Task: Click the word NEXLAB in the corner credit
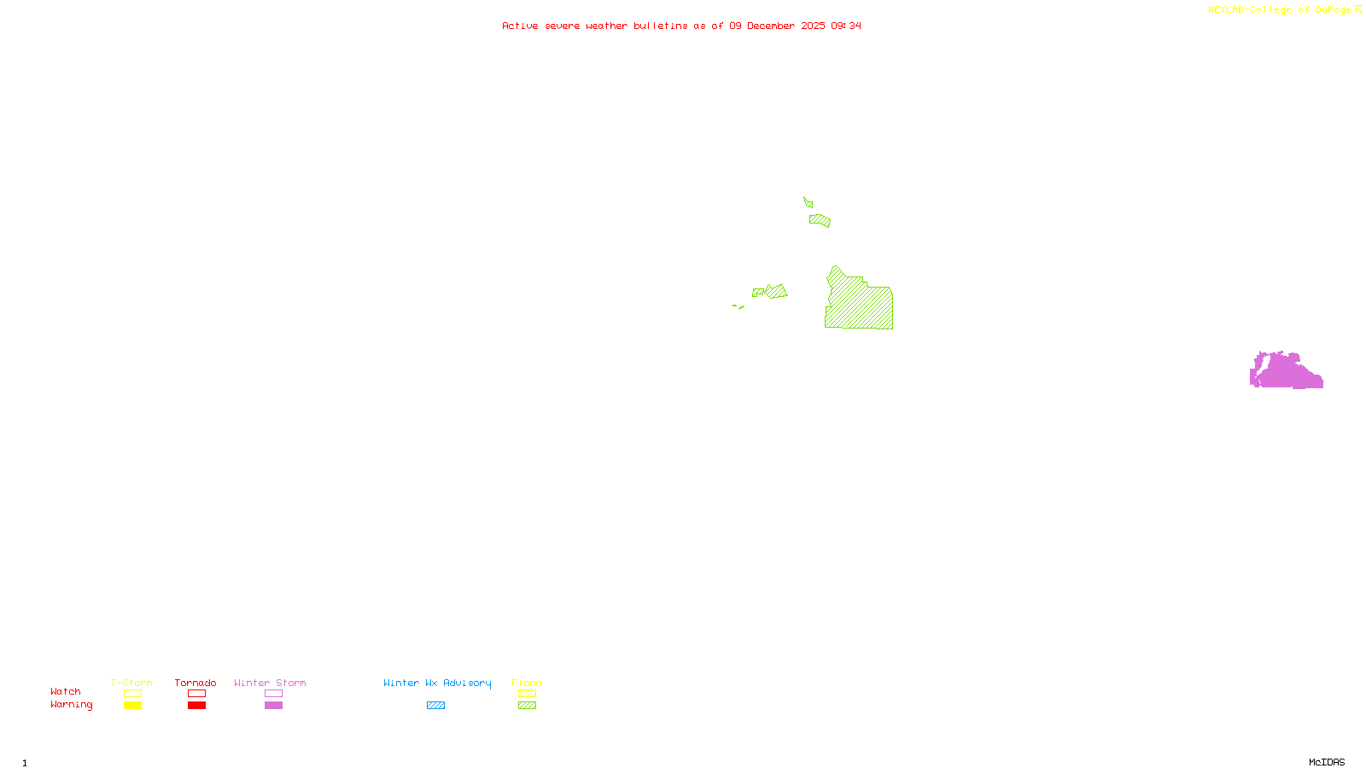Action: click(x=1227, y=10)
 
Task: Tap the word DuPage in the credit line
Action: click(x=1333, y=10)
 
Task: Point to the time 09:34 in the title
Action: click(x=846, y=26)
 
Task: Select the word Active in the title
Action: click(x=520, y=26)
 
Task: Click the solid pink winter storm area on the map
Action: click(x=1285, y=373)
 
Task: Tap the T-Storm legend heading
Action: click(x=131, y=683)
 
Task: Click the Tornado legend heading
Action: click(x=196, y=683)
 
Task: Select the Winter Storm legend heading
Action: click(x=270, y=683)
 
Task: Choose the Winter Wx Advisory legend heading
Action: click(x=437, y=683)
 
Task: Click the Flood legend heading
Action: click(x=527, y=683)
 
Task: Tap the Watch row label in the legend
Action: click(x=66, y=692)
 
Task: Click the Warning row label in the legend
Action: click(x=72, y=705)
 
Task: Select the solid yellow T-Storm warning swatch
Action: click(x=132, y=706)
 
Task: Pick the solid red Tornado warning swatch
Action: click(x=197, y=706)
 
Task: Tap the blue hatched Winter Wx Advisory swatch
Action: click(x=436, y=706)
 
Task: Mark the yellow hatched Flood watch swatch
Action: click(x=528, y=694)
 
